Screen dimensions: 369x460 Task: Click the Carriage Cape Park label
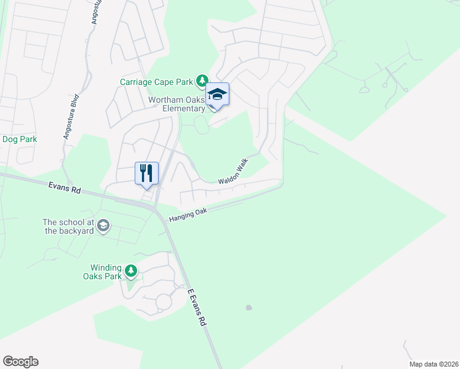pos(157,82)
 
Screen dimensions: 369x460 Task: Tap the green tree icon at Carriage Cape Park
pos(202,81)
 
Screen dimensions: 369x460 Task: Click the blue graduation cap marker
pos(217,95)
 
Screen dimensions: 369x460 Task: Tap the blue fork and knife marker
pos(146,173)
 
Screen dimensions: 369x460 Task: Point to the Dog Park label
pos(20,140)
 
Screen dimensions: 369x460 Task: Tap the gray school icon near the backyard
pos(103,226)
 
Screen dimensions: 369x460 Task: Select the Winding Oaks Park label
pos(107,271)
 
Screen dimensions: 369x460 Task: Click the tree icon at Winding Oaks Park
pos(130,271)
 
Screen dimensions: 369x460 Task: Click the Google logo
pos(20,362)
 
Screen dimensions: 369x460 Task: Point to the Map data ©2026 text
pos(433,364)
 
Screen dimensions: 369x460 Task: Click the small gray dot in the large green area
pos(248,307)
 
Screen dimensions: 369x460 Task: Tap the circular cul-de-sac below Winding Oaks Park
pos(164,302)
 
